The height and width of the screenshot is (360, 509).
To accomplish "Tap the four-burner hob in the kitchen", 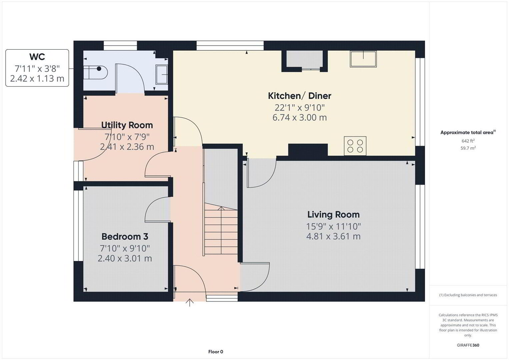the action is pyautogui.click(x=355, y=146).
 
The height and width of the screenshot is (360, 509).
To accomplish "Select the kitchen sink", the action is pyautogui.click(x=363, y=59).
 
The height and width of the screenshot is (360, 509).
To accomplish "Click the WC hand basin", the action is pyautogui.click(x=162, y=75).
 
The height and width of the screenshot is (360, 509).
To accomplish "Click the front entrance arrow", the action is pyautogui.click(x=190, y=303).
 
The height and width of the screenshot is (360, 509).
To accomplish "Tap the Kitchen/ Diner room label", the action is pyautogui.click(x=299, y=96).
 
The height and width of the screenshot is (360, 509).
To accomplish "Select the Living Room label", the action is pyautogui.click(x=333, y=215).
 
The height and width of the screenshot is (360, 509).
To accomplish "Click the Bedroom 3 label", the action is pyautogui.click(x=125, y=237).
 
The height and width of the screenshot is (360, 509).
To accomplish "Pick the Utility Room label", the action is pyautogui.click(x=127, y=125).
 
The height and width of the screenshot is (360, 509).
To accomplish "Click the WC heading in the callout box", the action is pyautogui.click(x=37, y=57).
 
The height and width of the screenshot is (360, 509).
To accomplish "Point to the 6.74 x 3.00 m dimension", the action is pyautogui.click(x=299, y=117).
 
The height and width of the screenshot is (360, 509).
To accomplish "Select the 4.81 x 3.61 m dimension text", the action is pyautogui.click(x=333, y=236).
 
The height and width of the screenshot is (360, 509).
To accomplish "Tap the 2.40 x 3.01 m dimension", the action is pyautogui.click(x=125, y=258).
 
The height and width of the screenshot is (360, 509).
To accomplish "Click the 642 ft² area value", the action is pyautogui.click(x=468, y=141).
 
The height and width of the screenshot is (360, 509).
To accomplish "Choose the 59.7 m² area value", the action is pyautogui.click(x=468, y=148).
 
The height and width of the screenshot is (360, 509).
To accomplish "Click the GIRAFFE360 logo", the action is pyautogui.click(x=468, y=345).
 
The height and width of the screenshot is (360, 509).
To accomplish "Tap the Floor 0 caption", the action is pyautogui.click(x=216, y=352).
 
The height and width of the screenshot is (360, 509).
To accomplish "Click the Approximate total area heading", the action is pyautogui.click(x=468, y=133).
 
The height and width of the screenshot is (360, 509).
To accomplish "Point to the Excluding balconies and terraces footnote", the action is pyautogui.click(x=468, y=295).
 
